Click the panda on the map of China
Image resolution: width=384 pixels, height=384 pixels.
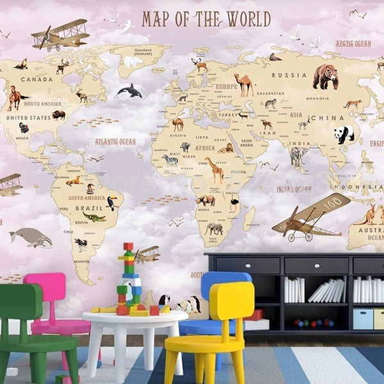[x=344, y=134]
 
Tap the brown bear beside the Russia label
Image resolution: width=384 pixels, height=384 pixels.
[x=325, y=77]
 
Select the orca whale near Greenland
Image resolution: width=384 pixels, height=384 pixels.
[x=129, y=91]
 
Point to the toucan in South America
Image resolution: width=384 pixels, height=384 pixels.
[x=112, y=203]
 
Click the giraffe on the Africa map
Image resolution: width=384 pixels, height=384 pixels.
[x=216, y=170]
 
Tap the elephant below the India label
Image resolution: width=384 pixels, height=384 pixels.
[x=298, y=156]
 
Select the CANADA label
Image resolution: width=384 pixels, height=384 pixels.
[x=37, y=79]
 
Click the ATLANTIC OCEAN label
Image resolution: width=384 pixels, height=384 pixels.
[x=115, y=141]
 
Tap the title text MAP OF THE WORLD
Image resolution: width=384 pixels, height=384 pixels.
[x=206, y=19]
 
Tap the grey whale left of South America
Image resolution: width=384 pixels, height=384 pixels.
[x=31, y=238]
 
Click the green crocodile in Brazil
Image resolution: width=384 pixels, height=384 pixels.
[x=94, y=217]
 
